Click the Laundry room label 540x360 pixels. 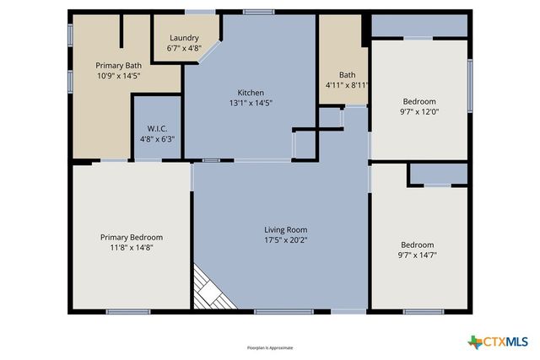184,38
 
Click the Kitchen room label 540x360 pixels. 251,93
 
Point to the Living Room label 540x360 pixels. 286,229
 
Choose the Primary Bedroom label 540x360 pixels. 131,237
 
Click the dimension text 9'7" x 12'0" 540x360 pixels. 418,110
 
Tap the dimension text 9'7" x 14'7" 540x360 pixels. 418,255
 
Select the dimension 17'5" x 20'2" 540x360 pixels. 286,239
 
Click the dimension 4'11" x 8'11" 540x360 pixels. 348,84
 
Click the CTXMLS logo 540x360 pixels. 498,341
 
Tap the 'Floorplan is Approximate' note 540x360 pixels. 270,347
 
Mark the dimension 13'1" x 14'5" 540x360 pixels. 251,103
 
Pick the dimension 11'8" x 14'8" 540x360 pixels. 131,247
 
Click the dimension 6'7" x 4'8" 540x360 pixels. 184,48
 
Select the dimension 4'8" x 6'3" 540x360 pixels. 156,140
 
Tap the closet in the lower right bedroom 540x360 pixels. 437,175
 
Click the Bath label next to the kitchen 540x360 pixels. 348,74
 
